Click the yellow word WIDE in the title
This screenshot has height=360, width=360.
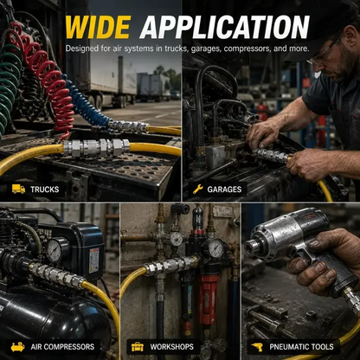(99, 27)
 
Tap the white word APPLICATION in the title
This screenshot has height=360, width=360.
(224, 27)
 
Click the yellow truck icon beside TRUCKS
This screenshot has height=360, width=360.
(18, 189)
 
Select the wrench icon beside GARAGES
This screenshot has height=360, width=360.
(198, 189)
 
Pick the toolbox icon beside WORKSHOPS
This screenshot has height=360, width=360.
(138, 346)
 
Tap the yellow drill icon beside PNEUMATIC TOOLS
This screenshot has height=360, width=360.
(257, 347)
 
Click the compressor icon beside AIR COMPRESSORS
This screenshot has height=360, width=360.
(18, 346)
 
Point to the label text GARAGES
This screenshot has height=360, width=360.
(224, 190)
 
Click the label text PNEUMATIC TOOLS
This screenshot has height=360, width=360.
(301, 347)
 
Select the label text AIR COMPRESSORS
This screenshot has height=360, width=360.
(62, 346)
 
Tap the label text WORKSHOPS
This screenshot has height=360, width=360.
(171, 346)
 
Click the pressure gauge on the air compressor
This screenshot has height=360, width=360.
(54, 249)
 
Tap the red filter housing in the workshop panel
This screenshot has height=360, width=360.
(208, 300)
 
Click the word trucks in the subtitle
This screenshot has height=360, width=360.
(173, 48)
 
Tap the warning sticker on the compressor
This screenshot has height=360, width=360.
(94, 260)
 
